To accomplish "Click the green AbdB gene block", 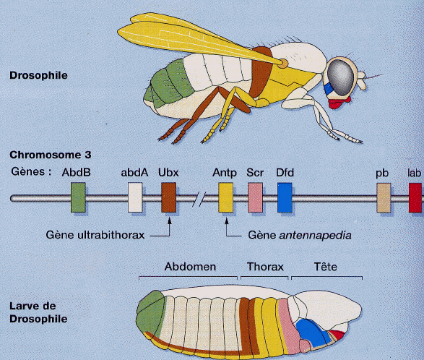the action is [x=78, y=197].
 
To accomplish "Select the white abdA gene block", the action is [x=135, y=197].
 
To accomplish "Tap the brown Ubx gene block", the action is [x=169, y=197].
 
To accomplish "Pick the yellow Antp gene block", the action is [x=226, y=197].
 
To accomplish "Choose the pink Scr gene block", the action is [x=255, y=197].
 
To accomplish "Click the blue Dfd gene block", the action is [x=285, y=197].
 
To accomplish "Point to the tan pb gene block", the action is [x=384, y=198].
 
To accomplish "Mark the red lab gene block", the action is [x=415, y=198].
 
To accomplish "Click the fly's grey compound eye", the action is [x=341, y=77].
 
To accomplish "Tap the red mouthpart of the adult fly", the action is [x=339, y=103].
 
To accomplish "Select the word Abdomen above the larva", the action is [x=190, y=267].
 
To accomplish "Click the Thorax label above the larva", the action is [x=265, y=267].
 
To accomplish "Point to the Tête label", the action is [x=326, y=267].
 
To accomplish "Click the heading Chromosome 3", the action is [x=51, y=155].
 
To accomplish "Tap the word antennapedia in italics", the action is [x=315, y=236].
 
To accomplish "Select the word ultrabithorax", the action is [x=111, y=235].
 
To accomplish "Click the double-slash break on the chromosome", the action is [x=199, y=199].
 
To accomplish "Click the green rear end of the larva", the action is [x=151, y=314].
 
